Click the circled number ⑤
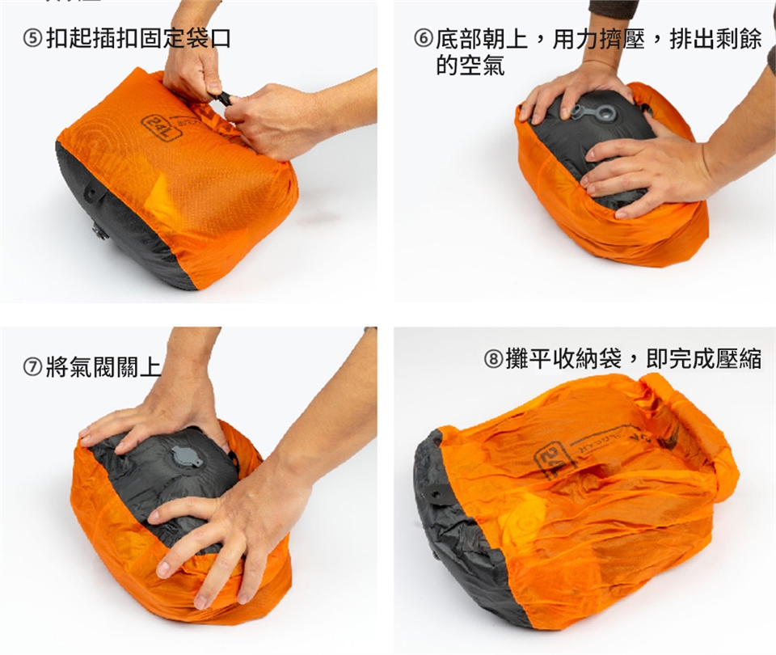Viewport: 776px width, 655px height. (x=32, y=39)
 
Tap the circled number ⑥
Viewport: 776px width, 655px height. (x=424, y=38)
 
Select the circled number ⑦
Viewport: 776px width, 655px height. (x=33, y=367)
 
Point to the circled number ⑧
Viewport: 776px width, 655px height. (x=493, y=358)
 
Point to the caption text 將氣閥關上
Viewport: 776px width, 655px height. (x=103, y=367)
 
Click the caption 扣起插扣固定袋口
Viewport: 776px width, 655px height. (x=139, y=39)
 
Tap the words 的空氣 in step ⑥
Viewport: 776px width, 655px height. (x=470, y=65)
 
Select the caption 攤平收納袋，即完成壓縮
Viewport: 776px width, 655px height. (x=634, y=358)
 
